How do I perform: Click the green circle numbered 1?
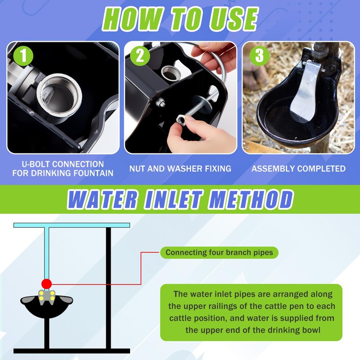23,56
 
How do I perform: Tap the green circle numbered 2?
140,56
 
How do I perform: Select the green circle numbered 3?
260,56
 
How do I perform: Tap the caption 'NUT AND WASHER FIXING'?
180,169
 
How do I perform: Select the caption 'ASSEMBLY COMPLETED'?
298,169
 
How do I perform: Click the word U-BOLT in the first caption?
36,164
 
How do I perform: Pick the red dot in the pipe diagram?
46,284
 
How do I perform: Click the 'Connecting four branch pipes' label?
219,252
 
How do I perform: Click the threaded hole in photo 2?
170,73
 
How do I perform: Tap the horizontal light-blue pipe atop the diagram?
72,225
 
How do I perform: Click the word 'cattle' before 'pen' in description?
278,306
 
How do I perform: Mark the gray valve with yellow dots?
47,297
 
